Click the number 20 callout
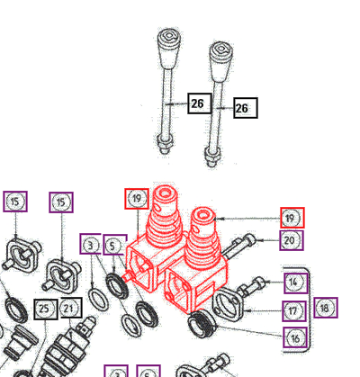click(292, 240)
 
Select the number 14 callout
click(296, 282)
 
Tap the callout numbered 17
click(294, 310)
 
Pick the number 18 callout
click(326, 308)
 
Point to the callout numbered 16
click(295, 337)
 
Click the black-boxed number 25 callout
click(46, 309)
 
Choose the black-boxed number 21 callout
click(71, 308)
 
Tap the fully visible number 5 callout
click(115, 245)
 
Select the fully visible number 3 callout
click(90, 244)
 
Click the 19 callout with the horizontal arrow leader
click(292, 218)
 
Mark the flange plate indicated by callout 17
click(229, 304)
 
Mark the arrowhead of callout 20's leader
click(259, 240)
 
